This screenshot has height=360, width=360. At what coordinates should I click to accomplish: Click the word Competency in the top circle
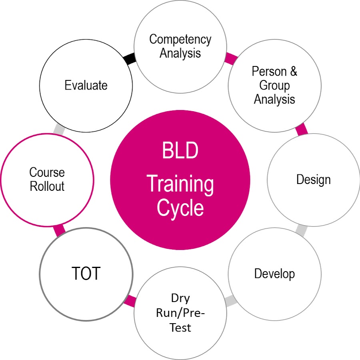pos(180,40)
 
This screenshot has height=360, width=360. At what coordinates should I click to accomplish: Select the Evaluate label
pos(86,85)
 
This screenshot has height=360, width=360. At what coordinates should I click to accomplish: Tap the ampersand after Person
pos(294,71)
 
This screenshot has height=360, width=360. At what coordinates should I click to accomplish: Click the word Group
pos(274,86)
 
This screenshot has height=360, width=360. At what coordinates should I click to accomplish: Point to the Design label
pos(313,180)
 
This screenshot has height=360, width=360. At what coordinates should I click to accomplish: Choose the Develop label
pos(274,274)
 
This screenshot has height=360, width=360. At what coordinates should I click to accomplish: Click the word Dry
pos(180,298)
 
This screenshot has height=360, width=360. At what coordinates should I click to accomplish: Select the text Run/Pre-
pos(180,313)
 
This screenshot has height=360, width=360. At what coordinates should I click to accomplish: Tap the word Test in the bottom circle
pos(180,327)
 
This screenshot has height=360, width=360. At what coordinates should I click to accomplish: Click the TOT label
pos(86,273)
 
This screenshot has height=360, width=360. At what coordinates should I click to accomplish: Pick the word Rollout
pos(47,186)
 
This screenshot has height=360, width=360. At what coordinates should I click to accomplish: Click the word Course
pos(47,172)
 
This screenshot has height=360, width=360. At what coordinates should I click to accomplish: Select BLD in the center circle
pos(180,150)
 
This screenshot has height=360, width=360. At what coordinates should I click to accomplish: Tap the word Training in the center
pos(180,184)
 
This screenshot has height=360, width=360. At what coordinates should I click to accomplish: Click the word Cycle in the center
pos(180,208)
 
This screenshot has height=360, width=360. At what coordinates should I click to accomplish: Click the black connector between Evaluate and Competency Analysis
pos(129,58)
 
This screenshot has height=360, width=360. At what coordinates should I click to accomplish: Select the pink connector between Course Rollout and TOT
pos(59,230)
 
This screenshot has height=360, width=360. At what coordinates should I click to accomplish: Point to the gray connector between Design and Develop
pos(301,230)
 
